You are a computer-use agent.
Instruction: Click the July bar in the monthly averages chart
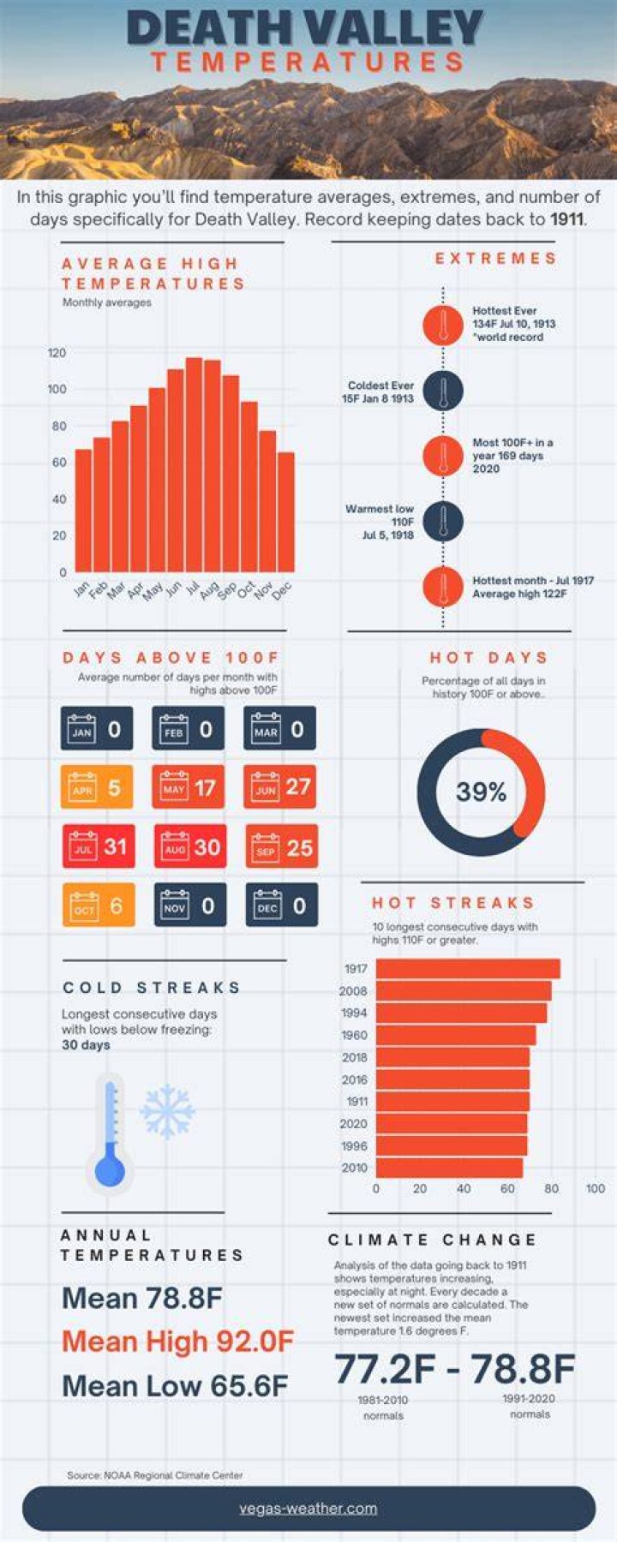194,464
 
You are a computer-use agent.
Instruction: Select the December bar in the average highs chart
285,512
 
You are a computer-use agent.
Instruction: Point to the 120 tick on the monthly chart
57,353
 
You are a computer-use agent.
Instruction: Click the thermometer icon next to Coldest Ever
443,391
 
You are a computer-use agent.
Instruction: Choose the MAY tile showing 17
189,787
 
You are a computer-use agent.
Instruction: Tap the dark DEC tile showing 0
282,905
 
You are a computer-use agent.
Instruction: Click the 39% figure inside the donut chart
481,792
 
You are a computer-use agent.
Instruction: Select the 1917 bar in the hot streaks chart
468,969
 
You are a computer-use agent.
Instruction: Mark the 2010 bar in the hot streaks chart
449,1168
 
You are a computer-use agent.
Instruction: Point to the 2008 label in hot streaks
353,991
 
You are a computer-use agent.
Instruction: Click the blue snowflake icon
168,1112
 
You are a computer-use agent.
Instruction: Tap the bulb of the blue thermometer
110,1171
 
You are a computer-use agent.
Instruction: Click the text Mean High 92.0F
177,1342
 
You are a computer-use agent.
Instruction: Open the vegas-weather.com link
308,1509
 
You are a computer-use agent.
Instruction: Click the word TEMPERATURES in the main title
308,62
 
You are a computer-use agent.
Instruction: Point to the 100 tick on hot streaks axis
596,1188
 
